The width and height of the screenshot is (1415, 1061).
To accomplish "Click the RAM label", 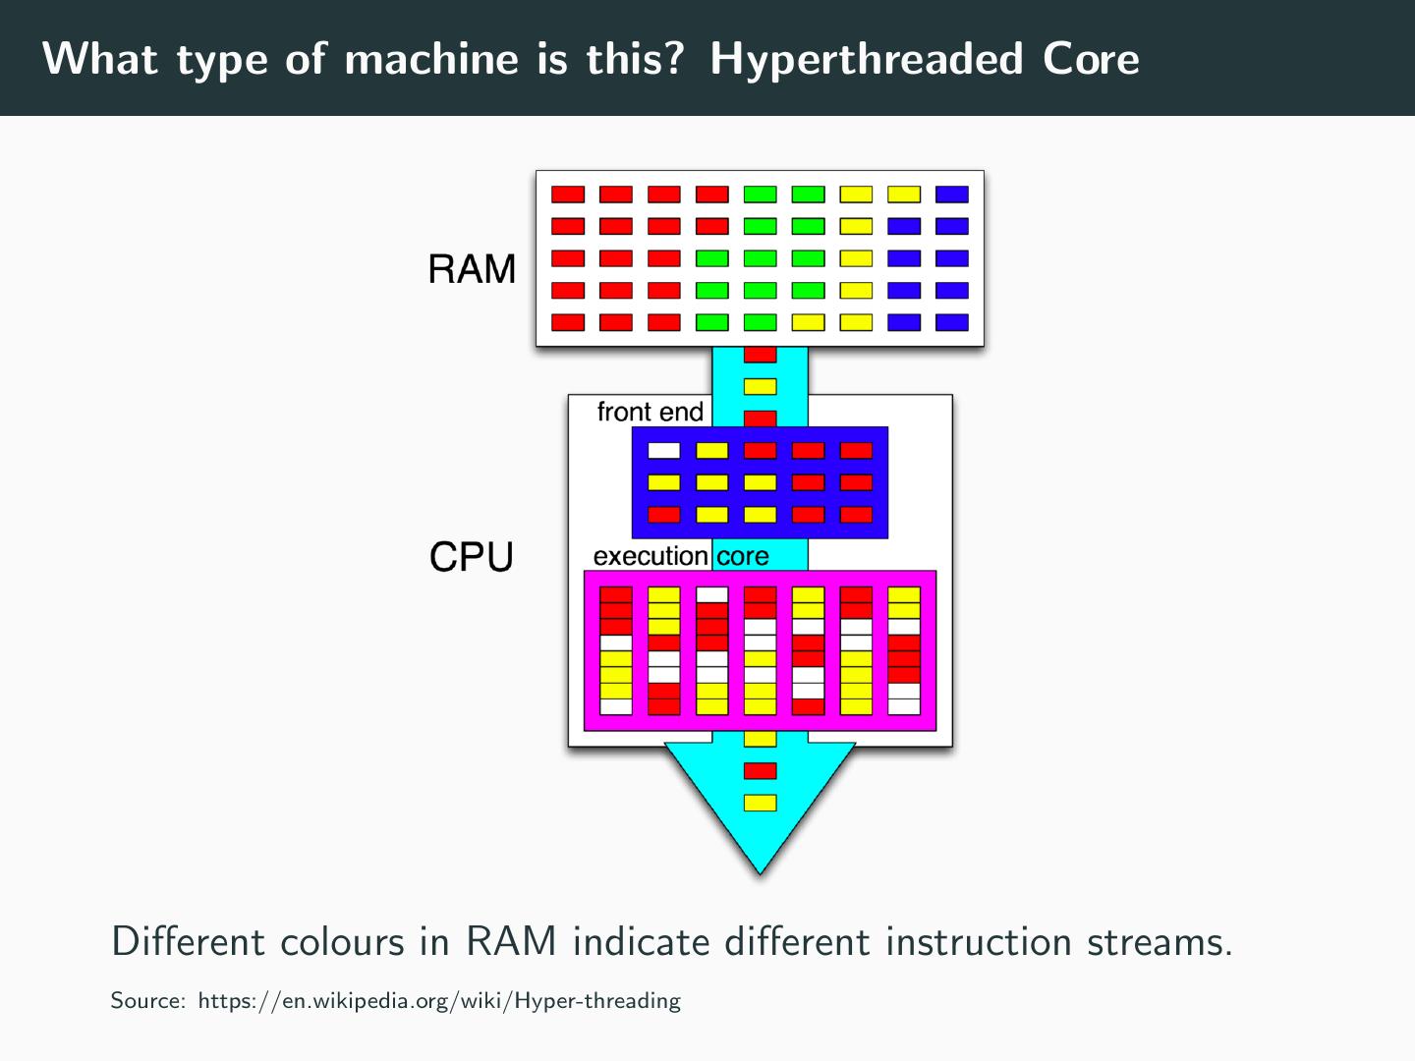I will pos(472,269).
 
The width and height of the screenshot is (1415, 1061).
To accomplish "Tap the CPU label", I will pos(472,557).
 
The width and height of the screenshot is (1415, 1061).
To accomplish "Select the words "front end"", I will pos(650,412).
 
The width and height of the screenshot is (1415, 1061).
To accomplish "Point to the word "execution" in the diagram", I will pos(651,556).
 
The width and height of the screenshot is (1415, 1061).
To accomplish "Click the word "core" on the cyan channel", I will pos(743,556).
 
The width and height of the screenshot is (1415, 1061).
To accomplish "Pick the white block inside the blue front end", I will pos(664,450).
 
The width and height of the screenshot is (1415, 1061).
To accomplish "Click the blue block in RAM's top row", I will pos(952,195).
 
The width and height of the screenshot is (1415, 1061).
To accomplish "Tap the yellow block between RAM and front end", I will pos(761,386).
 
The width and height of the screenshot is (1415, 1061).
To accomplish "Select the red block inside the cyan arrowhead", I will pos(761,770).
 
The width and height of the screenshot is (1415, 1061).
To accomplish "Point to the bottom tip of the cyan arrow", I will pos(761,871).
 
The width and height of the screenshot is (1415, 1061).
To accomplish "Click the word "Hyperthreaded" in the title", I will pos(866,59).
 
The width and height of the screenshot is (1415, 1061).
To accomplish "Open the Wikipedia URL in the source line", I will pos(439,1001).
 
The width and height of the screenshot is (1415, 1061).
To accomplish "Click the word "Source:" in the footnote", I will pos(148,1001).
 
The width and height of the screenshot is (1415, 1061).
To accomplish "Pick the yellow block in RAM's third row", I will pos(856,258).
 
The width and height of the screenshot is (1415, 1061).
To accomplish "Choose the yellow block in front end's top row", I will pos(712,450).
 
